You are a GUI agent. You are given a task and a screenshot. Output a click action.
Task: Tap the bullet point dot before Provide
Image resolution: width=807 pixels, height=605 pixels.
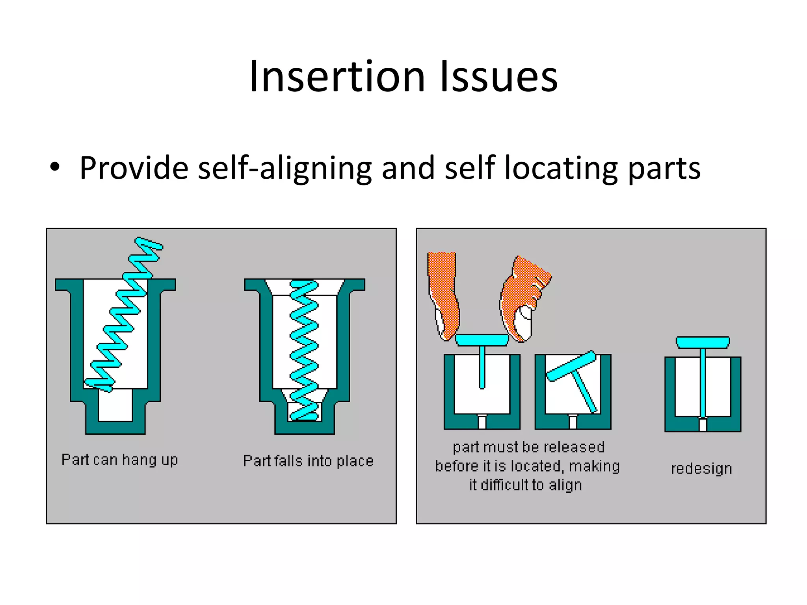click(55, 167)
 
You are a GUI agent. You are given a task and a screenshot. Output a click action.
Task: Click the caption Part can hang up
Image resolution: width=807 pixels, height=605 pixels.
click(120, 460)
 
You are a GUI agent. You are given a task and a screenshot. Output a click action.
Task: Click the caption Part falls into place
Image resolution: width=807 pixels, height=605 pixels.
click(308, 460)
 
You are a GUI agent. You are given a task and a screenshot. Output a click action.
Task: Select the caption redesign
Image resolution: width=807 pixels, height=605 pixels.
click(701, 468)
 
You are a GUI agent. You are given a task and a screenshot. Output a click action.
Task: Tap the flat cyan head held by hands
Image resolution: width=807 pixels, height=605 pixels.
click(482, 340)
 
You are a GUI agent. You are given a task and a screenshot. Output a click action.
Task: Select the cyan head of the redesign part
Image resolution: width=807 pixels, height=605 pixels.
click(703, 342)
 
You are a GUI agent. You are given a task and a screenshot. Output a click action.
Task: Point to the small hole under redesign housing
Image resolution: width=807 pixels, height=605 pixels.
click(703, 425)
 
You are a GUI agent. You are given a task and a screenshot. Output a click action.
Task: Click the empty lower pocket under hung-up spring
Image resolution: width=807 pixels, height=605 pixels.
click(115, 406)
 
